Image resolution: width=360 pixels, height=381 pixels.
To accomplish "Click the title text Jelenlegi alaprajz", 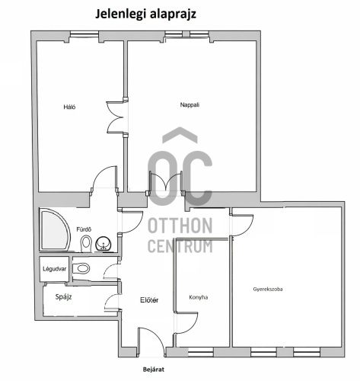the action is [145, 14].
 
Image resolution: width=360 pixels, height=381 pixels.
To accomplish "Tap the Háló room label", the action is [69, 107].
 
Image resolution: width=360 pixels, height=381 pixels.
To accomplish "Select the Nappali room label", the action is [190, 104].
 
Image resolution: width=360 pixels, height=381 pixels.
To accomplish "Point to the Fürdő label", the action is [84, 229].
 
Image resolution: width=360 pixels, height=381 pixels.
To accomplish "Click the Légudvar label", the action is [54, 269].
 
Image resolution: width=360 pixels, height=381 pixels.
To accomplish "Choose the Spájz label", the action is [63, 296].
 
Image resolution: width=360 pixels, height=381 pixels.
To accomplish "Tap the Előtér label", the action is [149, 300].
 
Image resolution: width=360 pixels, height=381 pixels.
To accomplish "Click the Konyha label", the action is [199, 297].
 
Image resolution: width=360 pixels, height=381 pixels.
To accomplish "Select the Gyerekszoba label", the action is [268, 289].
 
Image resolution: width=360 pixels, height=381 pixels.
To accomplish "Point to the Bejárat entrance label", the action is [154, 370].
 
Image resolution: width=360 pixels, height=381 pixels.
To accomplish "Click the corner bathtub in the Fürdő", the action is [55, 230].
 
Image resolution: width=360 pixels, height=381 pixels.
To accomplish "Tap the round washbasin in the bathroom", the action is [104, 244].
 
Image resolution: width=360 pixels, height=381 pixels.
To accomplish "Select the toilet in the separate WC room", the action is [81, 268].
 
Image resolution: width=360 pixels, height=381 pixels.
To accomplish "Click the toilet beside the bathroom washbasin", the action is [86, 243].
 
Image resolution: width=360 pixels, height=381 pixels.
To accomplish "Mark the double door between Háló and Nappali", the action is [116, 117].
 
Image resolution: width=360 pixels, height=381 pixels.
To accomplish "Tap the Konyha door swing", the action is [186, 322].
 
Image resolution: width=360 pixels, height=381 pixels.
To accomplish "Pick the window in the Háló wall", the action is [84, 34].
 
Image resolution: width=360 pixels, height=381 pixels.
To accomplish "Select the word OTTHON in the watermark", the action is [180, 226].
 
